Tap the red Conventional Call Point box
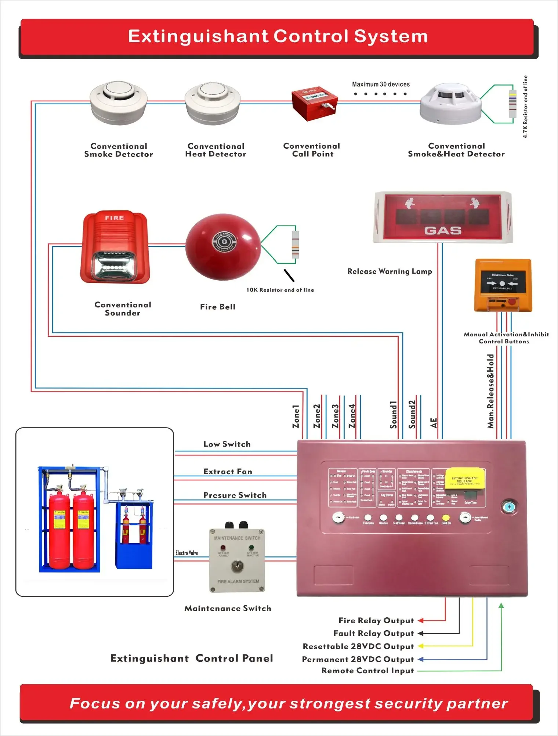tap(314, 104)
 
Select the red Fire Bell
tap(223, 247)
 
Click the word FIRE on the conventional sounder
tap(114, 218)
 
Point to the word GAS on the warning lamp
tap(443, 231)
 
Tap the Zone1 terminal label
tap(296, 416)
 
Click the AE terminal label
tap(434, 423)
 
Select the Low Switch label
tap(227, 444)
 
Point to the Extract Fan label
tap(228, 472)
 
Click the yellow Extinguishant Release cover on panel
tap(465, 479)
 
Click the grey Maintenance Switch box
tap(237, 560)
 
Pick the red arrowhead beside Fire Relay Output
tap(421, 621)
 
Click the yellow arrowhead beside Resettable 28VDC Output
tap(421, 646)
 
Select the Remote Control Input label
tap(367, 671)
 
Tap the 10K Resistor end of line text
tap(280, 290)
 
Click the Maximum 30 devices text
tap(381, 84)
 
